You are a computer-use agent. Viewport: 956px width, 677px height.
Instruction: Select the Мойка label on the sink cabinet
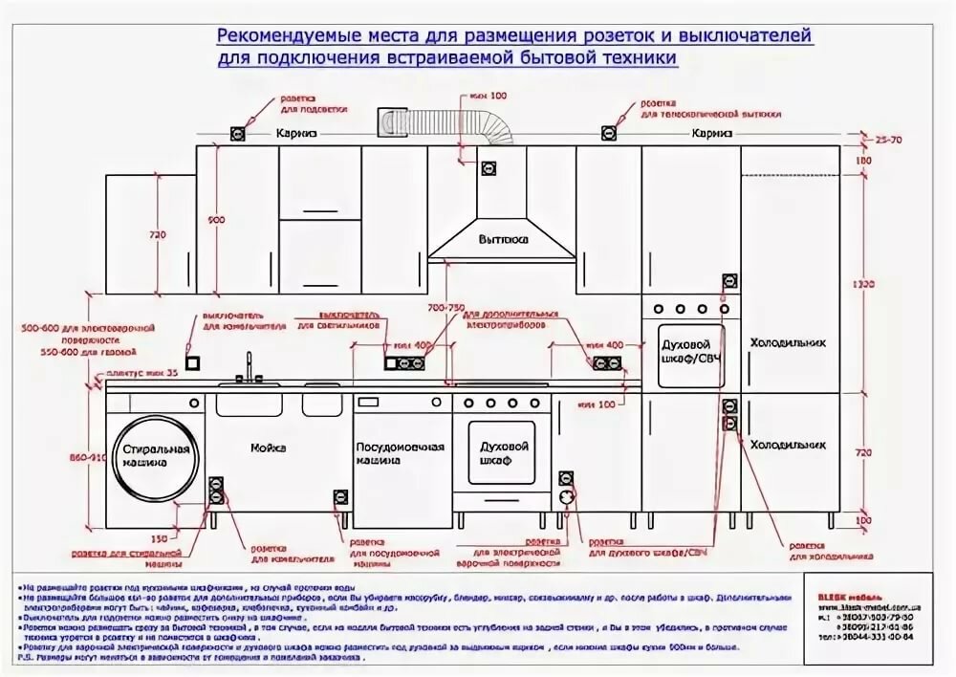(269, 448)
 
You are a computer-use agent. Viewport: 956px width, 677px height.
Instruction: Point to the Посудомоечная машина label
(401, 453)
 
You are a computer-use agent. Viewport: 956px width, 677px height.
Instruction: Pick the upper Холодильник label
(787, 341)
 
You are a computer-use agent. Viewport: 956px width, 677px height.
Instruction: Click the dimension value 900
(216, 221)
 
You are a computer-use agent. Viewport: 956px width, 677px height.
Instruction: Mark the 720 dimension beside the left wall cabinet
(158, 235)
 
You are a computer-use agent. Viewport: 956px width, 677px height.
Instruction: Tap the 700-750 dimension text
(446, 308)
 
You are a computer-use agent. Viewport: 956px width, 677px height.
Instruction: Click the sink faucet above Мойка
(249, 368)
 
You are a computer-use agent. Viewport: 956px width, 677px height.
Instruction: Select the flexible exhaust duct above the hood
(448, 124)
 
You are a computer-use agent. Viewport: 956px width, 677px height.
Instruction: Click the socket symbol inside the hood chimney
(489, 169)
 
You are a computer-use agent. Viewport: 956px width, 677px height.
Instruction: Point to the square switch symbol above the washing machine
(190, 362)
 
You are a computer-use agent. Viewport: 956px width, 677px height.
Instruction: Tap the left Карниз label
(296, 133)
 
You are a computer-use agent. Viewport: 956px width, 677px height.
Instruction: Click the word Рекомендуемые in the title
(279, 36)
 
